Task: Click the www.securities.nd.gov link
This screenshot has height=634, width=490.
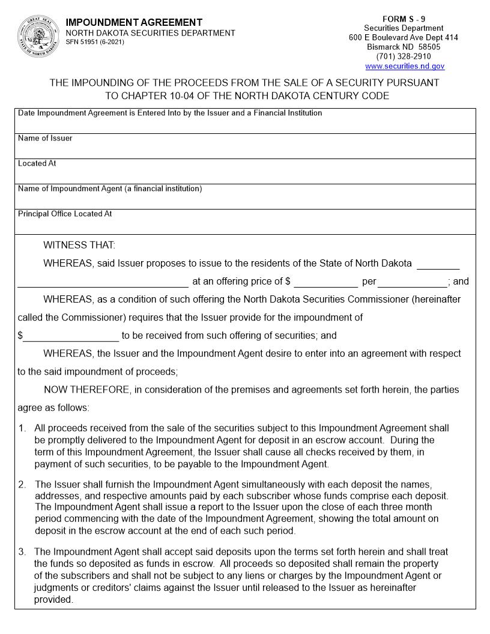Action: [404, 67]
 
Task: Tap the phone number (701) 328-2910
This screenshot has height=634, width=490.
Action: [404, 57]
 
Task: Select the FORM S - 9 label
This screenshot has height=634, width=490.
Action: [404, 19]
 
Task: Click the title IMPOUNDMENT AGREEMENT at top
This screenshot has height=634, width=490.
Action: [134, 22]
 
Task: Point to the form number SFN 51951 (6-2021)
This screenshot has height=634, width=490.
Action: [95, 43]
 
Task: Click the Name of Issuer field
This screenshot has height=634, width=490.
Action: [245, 149]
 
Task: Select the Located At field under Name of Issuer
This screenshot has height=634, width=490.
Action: [245, 175]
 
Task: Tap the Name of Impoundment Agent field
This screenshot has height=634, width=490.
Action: [245, 200]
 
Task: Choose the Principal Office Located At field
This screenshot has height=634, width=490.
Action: [245, 225]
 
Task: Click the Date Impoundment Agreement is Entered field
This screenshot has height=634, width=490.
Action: [245, 124]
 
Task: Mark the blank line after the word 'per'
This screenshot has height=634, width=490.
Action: [413, 282]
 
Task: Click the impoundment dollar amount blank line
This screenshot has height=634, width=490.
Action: [71, 337]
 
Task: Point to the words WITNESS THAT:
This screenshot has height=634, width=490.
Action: [79, 245]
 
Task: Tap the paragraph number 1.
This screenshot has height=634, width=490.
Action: [22, 429]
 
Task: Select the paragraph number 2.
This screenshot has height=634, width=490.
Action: [22, 485]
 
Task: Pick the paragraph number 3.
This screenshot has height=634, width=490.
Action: [22, 552]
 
